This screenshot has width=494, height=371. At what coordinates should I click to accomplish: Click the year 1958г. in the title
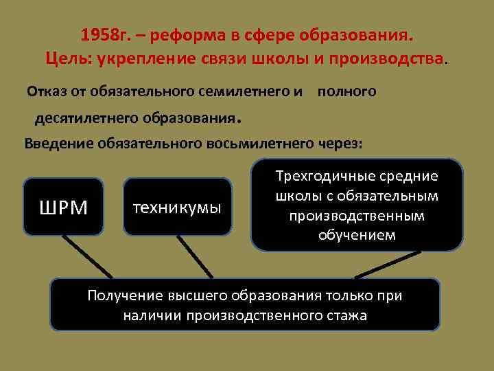click(102, 34)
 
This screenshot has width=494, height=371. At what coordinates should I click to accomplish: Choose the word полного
click(346, 91)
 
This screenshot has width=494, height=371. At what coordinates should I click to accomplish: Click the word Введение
click(59, 144)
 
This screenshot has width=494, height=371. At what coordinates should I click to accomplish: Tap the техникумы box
click(178, 207)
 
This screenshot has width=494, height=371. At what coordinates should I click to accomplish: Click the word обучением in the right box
click(356, 236)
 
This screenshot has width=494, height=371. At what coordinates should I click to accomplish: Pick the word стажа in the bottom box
click(346, 316)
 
